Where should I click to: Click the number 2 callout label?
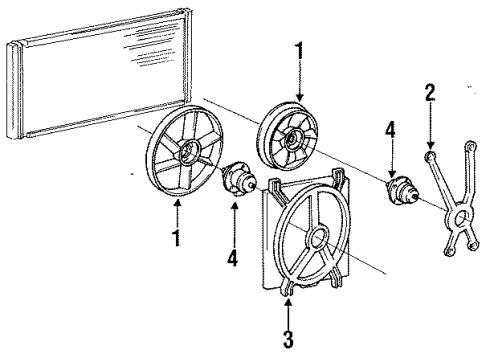430,92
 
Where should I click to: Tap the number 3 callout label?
288,339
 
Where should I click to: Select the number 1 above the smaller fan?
300,50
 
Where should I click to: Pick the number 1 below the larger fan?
176,238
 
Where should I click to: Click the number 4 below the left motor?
233,258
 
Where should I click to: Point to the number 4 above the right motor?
390,130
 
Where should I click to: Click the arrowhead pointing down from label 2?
430,145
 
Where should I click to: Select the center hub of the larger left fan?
189,152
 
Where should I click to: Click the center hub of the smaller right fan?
291,139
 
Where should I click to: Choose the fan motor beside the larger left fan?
238,180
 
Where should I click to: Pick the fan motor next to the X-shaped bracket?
401,192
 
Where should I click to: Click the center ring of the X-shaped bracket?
460,217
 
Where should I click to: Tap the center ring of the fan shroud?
318,237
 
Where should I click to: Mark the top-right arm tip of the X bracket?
471,147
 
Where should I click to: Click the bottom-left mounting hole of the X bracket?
449,251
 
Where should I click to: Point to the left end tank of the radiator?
14,90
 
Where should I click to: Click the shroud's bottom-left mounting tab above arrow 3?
287,288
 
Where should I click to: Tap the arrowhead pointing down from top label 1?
300,97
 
